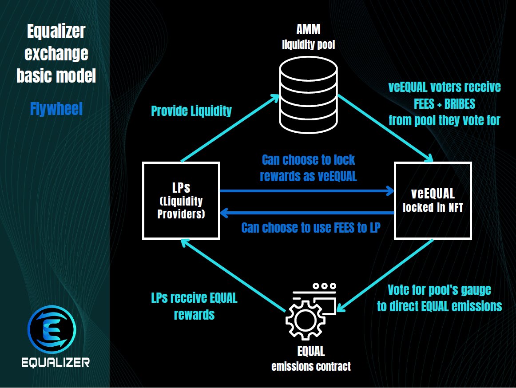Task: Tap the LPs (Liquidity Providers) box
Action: coord(181,201)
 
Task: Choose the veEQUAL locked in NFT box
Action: coord(433,201)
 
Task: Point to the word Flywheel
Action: coord(56,109)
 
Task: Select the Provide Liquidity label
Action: coord(191,111)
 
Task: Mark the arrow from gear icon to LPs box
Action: coord(233,275)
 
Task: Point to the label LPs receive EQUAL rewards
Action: coord(194,306)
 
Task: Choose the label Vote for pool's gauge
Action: coord(440,290)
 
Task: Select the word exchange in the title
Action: coord(56,54)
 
